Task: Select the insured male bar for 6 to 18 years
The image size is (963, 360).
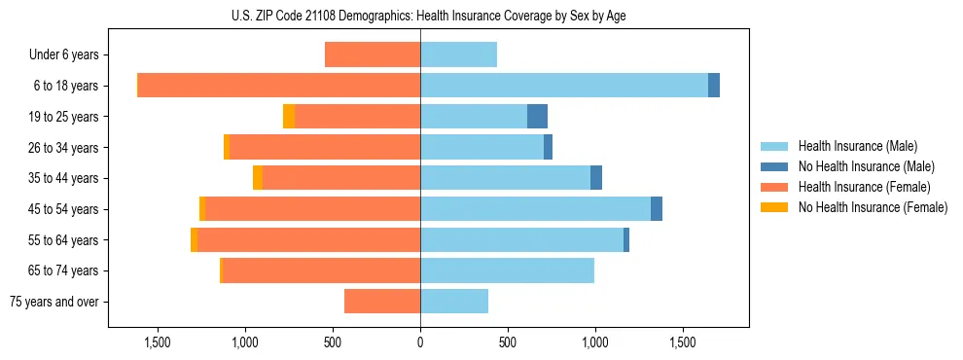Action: (x=564, y=86)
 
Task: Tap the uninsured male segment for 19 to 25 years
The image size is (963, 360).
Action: (x=537, y=117)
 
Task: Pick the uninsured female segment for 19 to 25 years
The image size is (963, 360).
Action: (x=289, y=117)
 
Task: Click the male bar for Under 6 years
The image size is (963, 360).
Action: (x=458, y=54)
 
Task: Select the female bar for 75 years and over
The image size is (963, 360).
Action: (x=382, y=302)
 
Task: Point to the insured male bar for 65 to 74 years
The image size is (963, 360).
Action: (x=507, y=270)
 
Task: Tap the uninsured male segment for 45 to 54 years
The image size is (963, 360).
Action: (x=657, y=209)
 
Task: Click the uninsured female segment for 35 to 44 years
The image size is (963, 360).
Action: (x=258, y=178)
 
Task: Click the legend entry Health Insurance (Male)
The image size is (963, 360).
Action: (x=856, y=147)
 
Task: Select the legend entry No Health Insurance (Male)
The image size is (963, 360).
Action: (x=866, y=167)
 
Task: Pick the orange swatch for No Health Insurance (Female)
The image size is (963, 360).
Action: (x=774, y=207)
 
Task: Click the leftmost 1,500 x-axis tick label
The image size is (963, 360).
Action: (x=158, y=342)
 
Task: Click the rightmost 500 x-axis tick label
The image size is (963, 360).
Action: (x=508, y=342)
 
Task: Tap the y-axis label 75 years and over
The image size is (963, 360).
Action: (x=54, y=302)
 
